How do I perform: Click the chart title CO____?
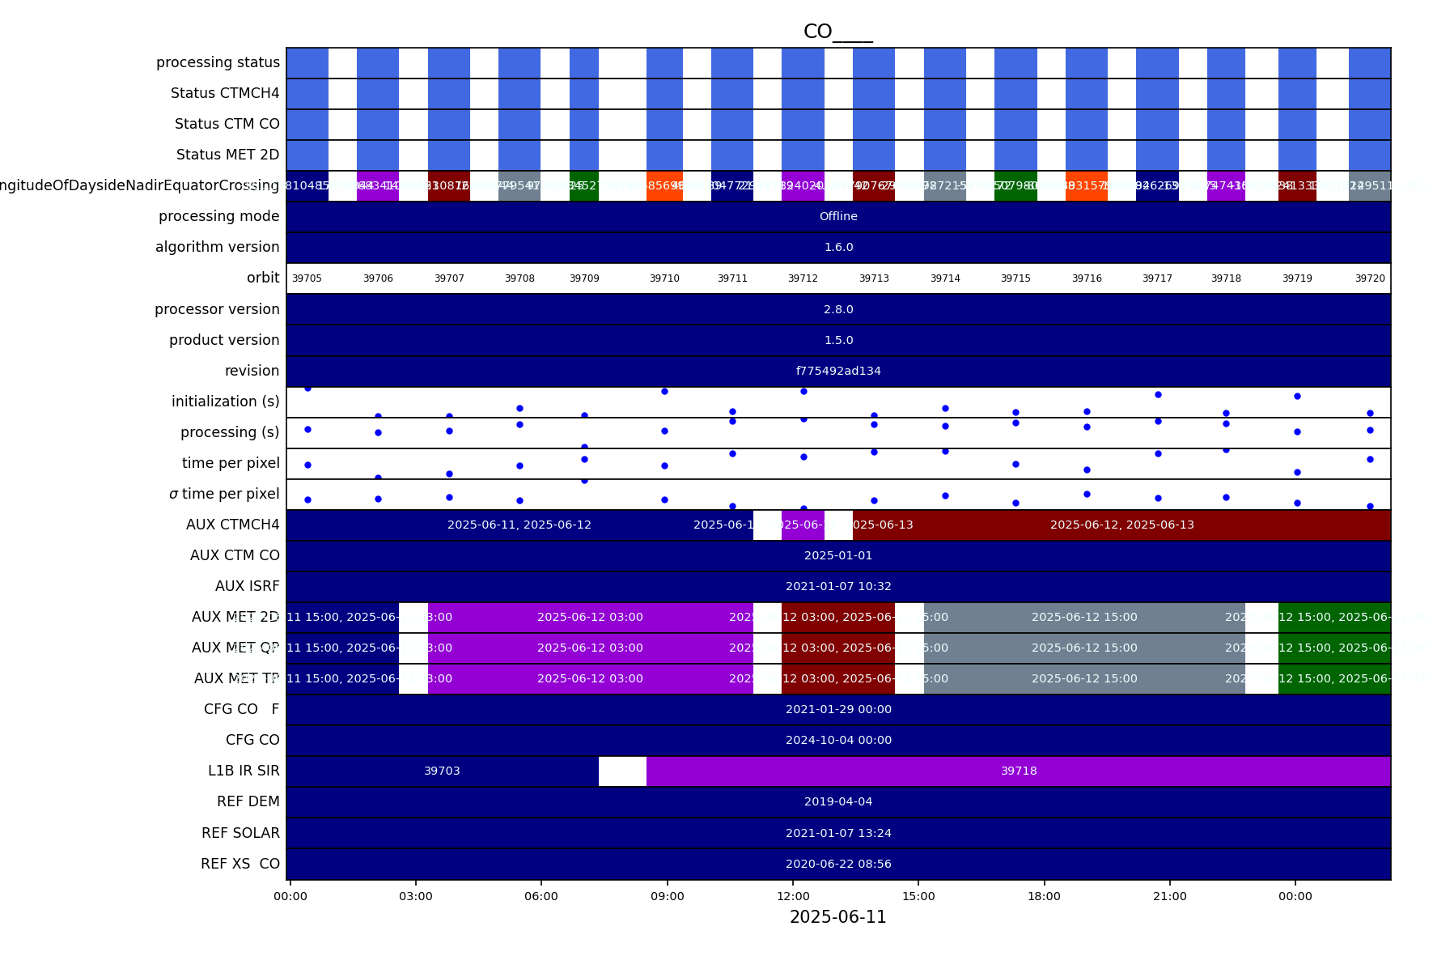837,32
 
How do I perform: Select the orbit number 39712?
803,278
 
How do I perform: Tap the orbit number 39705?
307,278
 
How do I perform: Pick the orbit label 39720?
1370,278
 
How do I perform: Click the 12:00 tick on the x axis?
793,896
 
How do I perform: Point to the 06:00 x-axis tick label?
541,896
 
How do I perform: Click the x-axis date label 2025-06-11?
837,917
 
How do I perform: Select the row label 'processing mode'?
218,216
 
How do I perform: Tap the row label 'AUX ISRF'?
247,586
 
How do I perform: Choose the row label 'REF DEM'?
248,801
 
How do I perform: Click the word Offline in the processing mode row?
838,216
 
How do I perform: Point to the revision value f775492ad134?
838,371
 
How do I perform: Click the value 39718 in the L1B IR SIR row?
1019,771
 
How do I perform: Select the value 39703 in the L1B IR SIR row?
442,771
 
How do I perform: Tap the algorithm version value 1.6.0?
838,247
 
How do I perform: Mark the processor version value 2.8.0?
838,309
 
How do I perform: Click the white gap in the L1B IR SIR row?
622,771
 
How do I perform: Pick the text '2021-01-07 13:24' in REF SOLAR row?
838,833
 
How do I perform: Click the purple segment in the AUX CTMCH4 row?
803,525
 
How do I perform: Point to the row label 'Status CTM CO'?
227,124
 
